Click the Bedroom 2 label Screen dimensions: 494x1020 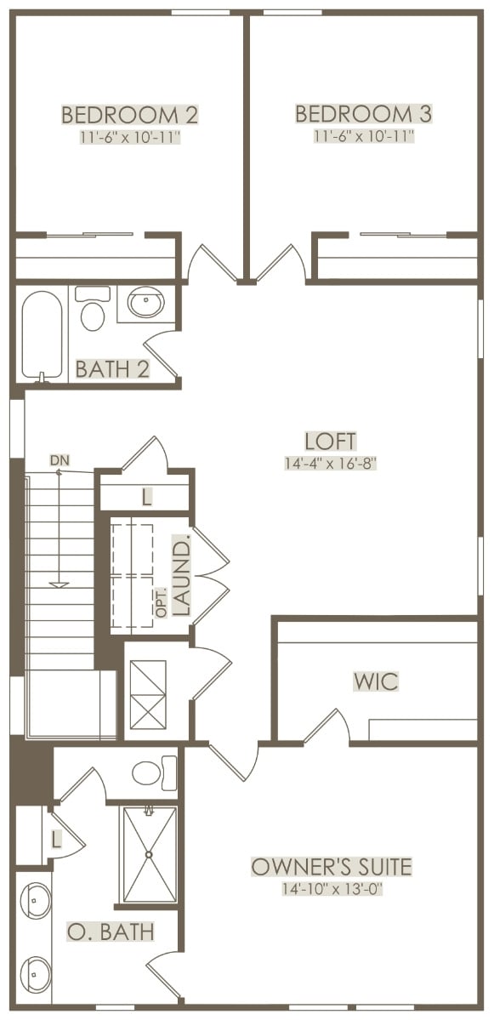point(129,115)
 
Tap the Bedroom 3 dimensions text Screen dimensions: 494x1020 point(363,136)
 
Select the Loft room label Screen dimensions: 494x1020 point(331,441)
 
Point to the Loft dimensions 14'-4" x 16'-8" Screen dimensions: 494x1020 point(331,463)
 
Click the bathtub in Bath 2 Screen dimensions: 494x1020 point(43,333)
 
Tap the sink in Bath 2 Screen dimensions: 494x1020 point(145,303)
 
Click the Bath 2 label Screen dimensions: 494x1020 point(112,369)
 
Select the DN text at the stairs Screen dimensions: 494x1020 point(58,461)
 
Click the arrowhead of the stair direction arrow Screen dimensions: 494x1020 point(60,584)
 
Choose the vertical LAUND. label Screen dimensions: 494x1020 point(183,576)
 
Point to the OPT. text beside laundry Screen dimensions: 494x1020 point(162,602)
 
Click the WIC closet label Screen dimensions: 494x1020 point(376,681)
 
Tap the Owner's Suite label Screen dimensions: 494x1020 point(332,867)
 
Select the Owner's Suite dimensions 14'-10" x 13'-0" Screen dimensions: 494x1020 point(332,889)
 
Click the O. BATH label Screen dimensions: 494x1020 point(111,932)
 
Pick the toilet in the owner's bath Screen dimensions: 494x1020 point(154,772)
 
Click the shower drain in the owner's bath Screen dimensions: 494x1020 point(148,854)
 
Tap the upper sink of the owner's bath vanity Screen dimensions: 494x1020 point(35,900)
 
